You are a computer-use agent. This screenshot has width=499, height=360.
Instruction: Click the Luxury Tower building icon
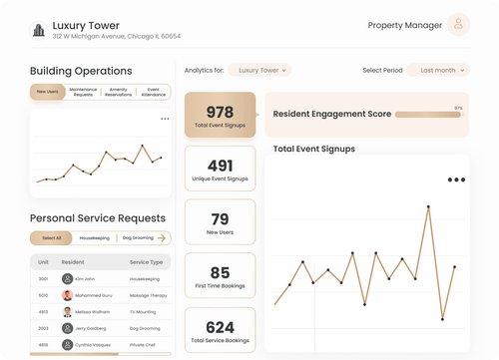(x=39, y=29)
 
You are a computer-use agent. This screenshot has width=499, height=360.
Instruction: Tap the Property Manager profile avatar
(x=458, y=25)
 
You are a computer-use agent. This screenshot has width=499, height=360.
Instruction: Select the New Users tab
(x=47, y=92)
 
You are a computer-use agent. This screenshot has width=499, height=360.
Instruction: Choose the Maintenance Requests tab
(x=83, y=92)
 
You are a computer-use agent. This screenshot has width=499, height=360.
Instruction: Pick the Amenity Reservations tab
(x=118, y=92)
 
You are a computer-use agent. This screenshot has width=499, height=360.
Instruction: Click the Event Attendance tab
(x=153, y=92)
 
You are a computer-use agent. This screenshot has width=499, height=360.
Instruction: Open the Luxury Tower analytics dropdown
(x=259, y=71)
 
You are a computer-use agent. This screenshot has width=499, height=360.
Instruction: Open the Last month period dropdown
(x=440, y=71)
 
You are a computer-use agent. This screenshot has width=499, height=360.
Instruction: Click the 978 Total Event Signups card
(x=220, y=116)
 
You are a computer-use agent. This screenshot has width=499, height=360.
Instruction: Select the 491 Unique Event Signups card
(x=220, y=169)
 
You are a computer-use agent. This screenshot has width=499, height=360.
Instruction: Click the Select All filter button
(x=51, y=238)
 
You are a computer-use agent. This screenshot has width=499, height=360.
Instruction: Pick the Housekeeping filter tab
(x=94, y=238)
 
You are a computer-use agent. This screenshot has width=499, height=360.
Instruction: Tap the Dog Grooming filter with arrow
(x=144, y=238)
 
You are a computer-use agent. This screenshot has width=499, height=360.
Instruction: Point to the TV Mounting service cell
(x=145, y=311)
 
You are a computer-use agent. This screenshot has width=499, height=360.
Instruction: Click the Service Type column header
(x=146, y=262)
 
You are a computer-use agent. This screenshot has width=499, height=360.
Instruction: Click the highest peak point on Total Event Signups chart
(x=429, y=207)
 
